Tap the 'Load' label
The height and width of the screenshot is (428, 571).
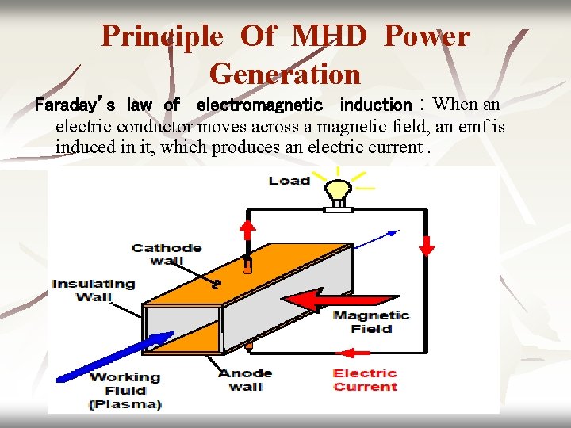pyautogui.click(x=289, y=181)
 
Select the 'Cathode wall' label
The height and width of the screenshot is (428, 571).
pyautogui.click(x=167, y=254)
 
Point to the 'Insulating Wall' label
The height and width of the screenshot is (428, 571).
pyautogui.click(x=94, y=290)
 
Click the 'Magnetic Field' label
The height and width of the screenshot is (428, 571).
pyautogui.click(x=371, y=322)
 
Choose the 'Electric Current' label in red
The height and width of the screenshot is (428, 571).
pyautogui.click(x=365, y=380)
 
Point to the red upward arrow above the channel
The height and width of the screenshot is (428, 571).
pyautogui.click(x=248, y=231)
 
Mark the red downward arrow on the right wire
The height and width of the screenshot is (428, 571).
pyautogui.click(x=427, y=245)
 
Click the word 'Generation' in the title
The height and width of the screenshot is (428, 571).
pyautogui.click(x=285, y=74)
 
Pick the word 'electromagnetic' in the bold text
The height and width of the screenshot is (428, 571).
pyautogui.click(x=259, y=105)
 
